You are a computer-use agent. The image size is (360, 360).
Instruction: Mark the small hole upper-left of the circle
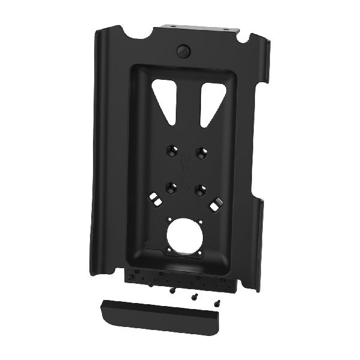coord(170,218)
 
